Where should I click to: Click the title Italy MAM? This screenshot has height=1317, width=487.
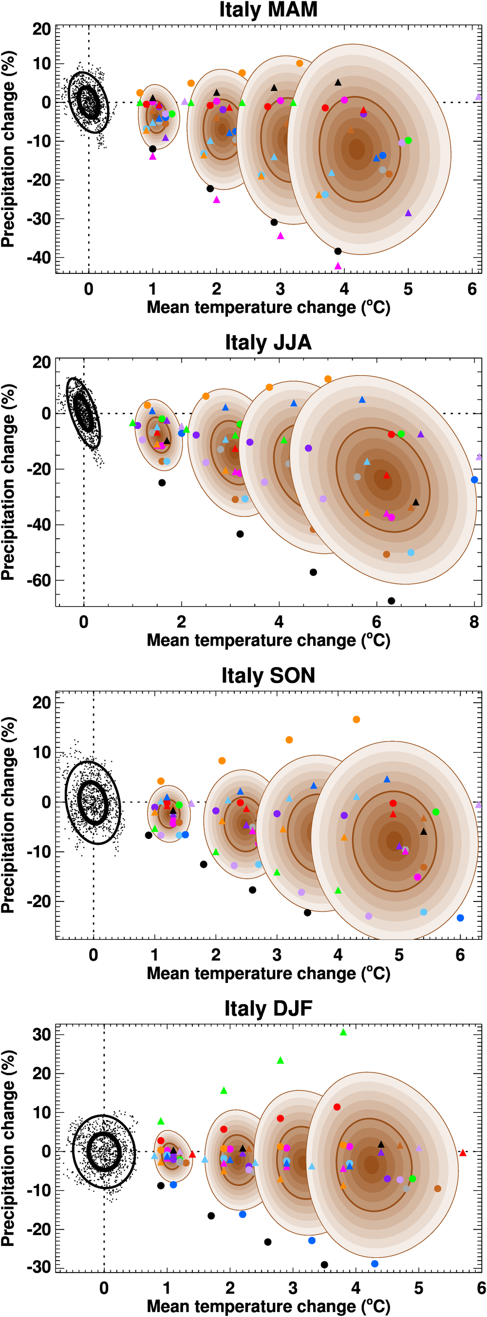pyautogui.click(x=268, y=10)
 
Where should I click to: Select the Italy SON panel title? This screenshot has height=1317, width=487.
pyautogui.click(x=268, y=676)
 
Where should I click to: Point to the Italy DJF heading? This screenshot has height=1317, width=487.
pyautogui.click(x=268, y=1009)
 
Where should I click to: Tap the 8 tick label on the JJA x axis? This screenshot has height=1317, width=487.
pyautogui.click(x=474, y=622)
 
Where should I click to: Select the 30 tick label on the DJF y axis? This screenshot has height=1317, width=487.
pyautogui.click(x=41, y=1035)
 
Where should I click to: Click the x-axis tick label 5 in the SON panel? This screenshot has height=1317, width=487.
pyautogui.click(x=399, y=955)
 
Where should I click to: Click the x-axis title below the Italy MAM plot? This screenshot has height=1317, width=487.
pyautogui.click(x=268, y=307)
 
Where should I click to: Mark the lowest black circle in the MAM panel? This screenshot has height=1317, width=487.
pyautogui.click(x=338, y=251)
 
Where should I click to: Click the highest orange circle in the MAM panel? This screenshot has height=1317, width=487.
pyautogui.click(x=300, y=63)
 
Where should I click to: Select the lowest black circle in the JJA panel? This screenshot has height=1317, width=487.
pyautogui.click(x=392, y=601)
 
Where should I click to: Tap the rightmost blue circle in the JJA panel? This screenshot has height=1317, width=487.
pyautogui.click(x=474, y=479)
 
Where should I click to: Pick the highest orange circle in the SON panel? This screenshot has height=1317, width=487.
pyautogui.click(x=356, y=719)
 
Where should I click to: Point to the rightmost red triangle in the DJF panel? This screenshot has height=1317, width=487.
pyautogui.click(x=463, y=1153)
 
